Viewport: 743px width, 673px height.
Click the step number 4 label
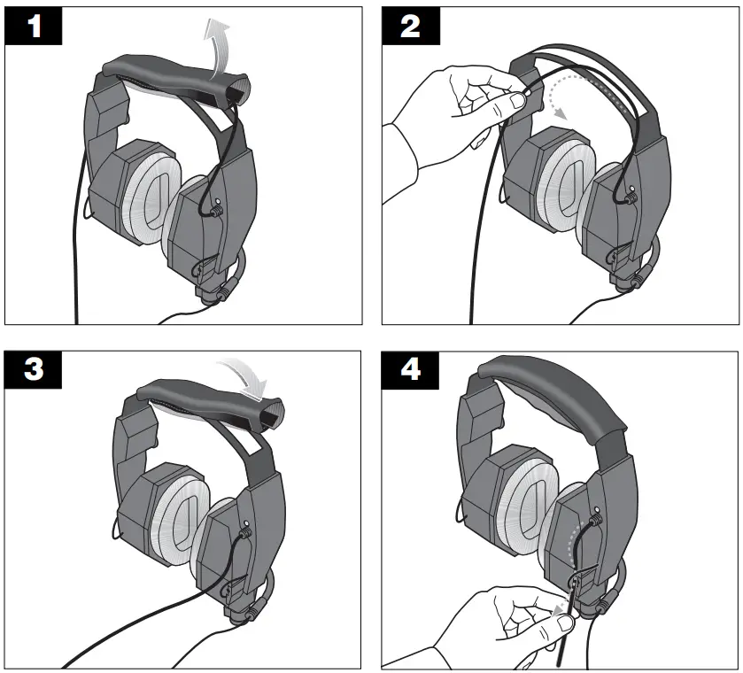(x=411, y=370)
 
